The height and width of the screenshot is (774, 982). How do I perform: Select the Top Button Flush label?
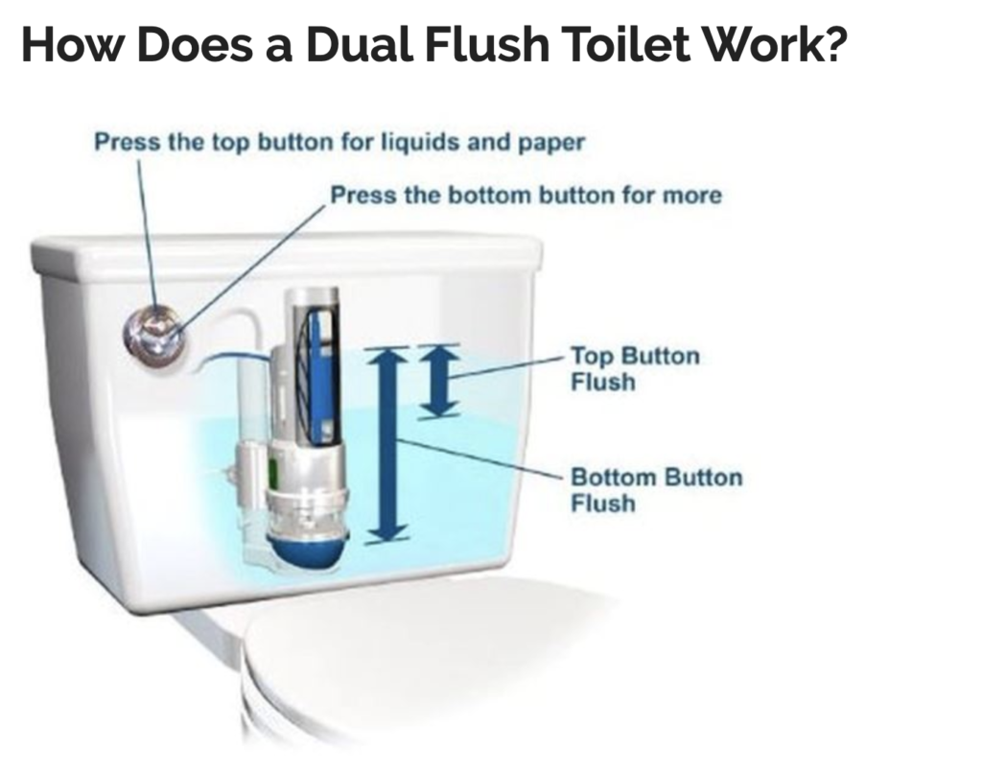635,369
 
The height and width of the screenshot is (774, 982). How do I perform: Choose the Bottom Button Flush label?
656,490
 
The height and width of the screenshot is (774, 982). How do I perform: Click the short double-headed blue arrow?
437,381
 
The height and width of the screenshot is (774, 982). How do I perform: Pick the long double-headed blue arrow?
389,444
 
